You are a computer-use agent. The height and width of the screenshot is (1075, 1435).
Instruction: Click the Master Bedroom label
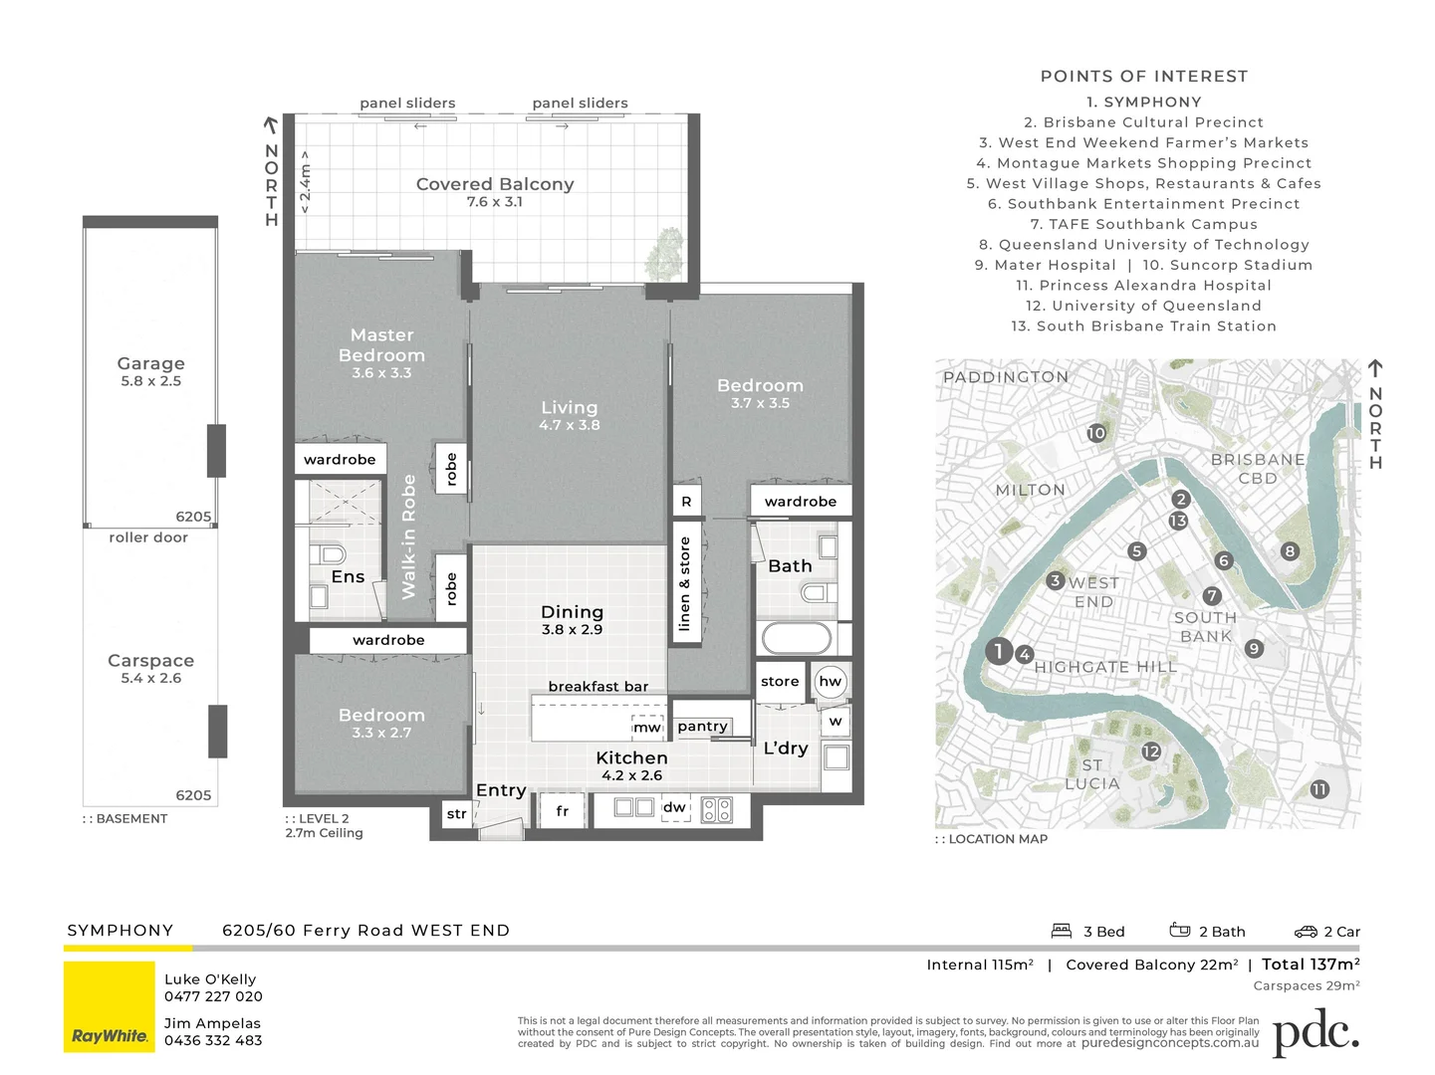pyautogui.click(x=381, y=345)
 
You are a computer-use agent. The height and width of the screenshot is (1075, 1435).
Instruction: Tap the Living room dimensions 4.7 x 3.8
pyautogui.click(x=570, y=425)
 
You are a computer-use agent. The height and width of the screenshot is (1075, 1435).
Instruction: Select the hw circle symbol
pyautogui.click(x=830, y=682)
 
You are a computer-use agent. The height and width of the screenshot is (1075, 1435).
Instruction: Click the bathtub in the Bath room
pyautogui.click(x=795, y=637)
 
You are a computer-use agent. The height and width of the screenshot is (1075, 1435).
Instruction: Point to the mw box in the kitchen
pyautogui.click(x=647, y=728)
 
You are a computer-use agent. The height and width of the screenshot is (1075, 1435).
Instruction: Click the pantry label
pyautogui.click(x=702, y=727)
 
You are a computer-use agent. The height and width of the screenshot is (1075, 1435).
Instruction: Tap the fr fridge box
pyautogui.click(x=562, y=811)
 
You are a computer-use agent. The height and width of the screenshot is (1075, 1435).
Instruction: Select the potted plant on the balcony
pyautogui.click(x=665, y=253)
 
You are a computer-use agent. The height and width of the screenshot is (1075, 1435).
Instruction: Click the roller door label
pyautogui.click(x=148, y=537)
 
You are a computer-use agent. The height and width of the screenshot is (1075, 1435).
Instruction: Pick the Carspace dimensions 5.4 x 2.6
pyautogui.click(x=151, y=679)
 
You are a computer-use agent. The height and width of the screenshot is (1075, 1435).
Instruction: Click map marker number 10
pyautogui.click(x=1096, y=433)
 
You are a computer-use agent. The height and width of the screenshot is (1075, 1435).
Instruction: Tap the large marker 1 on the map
pyautogui.click(x=998, y=651)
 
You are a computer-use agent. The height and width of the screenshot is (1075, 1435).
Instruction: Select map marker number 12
pyautogui.click(x=1151, y=752)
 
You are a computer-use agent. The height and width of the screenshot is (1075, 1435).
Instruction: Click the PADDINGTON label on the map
pyautogui.click(x=1005, y=377)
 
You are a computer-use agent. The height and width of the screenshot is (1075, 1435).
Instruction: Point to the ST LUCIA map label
pyautogui.click(x=1092, y=774)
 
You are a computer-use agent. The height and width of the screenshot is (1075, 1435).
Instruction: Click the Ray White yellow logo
pyautogui.click(x=110, y=1006)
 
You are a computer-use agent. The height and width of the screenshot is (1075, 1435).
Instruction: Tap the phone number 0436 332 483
pyautogui.click(x=213, y=1040)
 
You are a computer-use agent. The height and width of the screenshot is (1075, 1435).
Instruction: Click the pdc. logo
pyautogui.click(x=1315, y=1033)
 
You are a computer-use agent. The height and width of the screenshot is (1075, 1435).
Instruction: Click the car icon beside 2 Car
pyautogui.click(x=1306, y=932)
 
